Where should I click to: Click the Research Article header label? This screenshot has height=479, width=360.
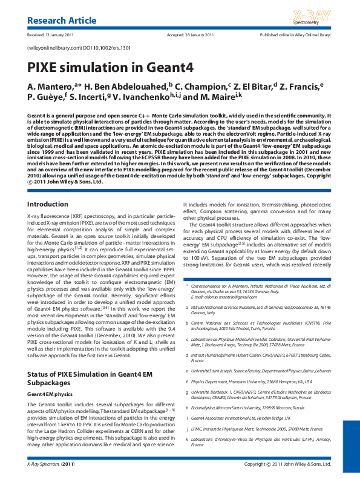coord(62,21)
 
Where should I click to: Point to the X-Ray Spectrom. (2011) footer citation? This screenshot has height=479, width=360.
coord(51,464)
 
